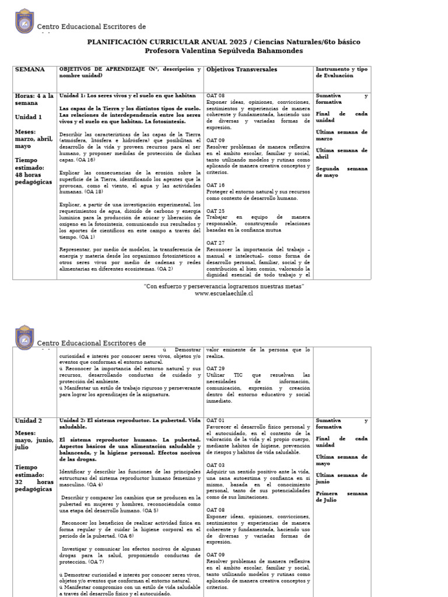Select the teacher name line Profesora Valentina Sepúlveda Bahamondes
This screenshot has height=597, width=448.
(x=223, y=51)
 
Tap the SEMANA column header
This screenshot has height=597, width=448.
(x=30, y=69)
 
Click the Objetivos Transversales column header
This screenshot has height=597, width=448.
(x=242, y=69)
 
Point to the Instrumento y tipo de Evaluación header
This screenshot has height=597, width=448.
(x=342, y=72)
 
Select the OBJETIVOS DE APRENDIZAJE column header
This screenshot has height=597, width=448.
(x=130, y=72)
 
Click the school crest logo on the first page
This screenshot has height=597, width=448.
(x=24, y=22)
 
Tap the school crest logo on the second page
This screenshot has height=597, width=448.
(x=24, y=338)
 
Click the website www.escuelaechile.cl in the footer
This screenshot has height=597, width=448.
(x=223, y=294)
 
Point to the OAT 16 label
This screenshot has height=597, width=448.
(x=215, y=185)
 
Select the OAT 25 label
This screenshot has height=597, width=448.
(x=215, y=211)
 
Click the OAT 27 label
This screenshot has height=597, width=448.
(x=215, y=243)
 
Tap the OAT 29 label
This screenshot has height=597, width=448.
(x=215, y=369)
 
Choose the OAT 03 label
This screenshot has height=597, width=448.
(x=215, y=465)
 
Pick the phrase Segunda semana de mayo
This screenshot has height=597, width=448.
(x=341, y=172)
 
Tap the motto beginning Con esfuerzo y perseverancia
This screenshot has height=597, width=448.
(x=223, y=287)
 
